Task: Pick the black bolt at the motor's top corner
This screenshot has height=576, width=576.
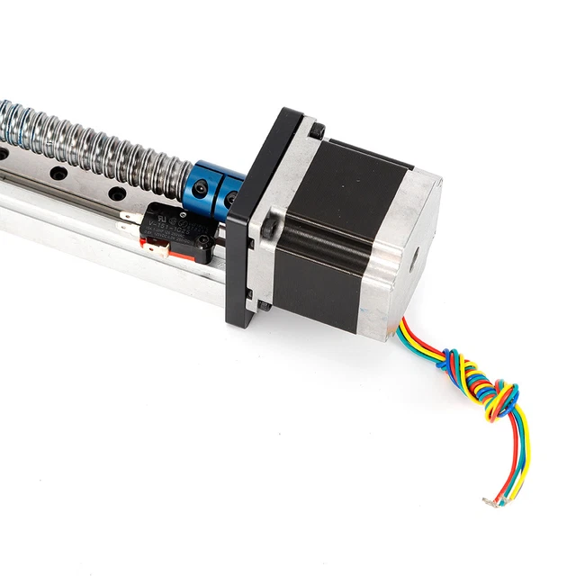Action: click(316, 132)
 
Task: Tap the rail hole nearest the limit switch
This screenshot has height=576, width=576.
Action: click(114, 193)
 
